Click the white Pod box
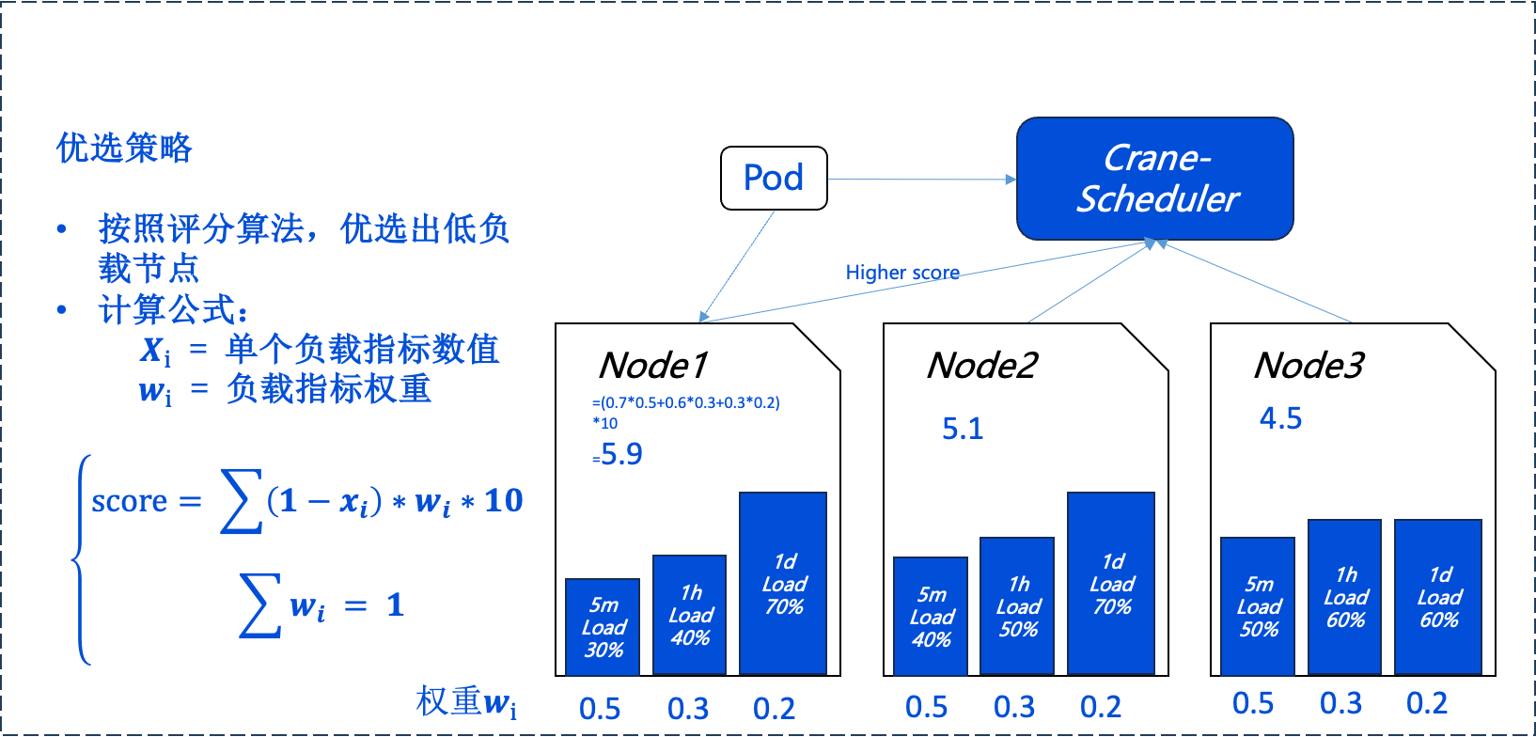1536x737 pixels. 774,178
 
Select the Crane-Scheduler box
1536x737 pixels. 1155,179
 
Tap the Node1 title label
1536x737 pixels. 652,365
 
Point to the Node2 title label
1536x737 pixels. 981,365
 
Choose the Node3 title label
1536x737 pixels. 1309,365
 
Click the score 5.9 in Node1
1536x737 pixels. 621,454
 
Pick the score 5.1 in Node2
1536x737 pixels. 963,429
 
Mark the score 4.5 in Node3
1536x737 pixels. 1280,418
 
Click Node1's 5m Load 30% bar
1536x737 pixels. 603,626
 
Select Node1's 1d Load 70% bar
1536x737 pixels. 783,583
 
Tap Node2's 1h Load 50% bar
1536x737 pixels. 1017,605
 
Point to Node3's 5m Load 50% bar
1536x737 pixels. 1258,605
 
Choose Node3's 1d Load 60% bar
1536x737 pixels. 1438,596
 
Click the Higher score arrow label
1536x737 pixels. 902,273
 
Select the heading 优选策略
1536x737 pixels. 124,148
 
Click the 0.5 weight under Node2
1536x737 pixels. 927,707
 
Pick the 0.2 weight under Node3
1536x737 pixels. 1427,703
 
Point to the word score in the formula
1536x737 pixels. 129,501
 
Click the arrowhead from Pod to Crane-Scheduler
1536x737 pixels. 1011,180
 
